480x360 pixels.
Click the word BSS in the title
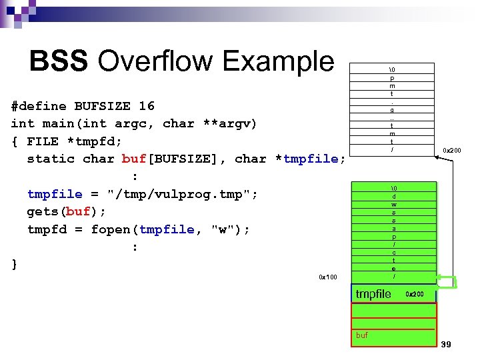(x=59, y=61)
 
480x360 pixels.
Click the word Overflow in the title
(x=157, y=61)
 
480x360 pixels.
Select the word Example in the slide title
(x=279, y=61)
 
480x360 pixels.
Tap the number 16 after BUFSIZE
(x=146, y=106)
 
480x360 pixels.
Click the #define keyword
(x=39, y=106)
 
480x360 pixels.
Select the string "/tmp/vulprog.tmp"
(x=183, y=194)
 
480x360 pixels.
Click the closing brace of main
(x=15, y=265)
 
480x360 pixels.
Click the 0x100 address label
(x=328, y=277)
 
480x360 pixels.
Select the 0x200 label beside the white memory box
(x=452, y=150)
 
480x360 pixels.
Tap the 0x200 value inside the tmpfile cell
(x=415, y=294)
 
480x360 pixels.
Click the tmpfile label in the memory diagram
(x=373, y=294)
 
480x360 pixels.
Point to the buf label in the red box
(x=362, y=335)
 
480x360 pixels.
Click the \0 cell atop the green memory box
(x=394, y=189)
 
